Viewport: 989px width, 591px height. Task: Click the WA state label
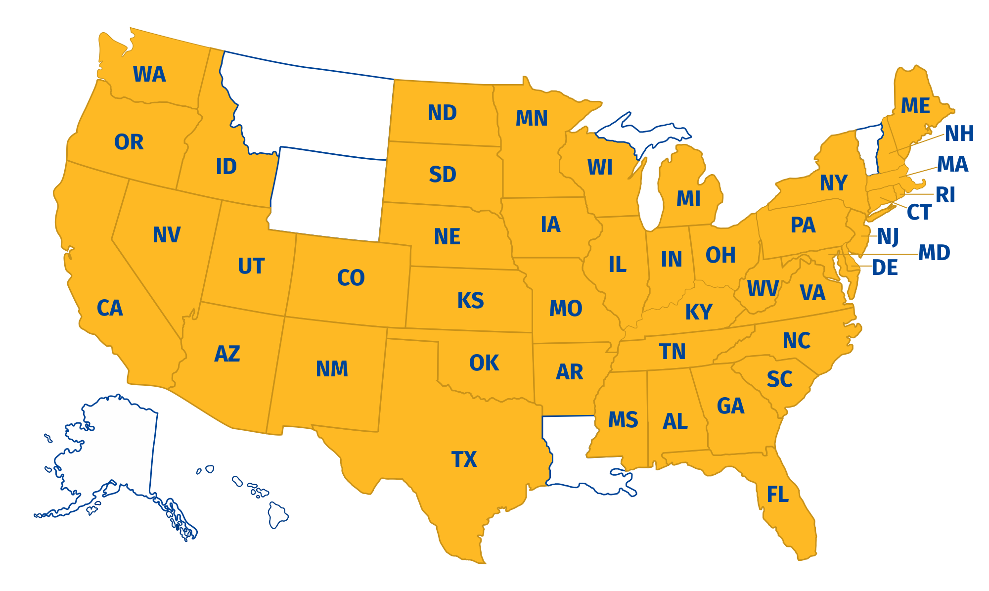(149, 75)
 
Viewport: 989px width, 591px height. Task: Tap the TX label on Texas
(464, 459)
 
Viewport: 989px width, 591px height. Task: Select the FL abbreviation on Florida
(777, 495)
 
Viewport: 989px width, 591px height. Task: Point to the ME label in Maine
(915, 106)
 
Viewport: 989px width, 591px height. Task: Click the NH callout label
(959, 134)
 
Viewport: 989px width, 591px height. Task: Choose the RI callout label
(945, 195)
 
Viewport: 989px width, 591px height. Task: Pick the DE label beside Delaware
(885, 268)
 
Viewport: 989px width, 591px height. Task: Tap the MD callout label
(934, 253)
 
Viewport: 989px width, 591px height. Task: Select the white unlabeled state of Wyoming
(326, 193)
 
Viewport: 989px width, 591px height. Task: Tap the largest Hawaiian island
(278, 514)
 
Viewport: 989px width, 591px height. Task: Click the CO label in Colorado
(351, 278)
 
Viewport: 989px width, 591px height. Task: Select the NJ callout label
(888, 236)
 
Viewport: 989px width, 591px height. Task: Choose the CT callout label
(919, 213)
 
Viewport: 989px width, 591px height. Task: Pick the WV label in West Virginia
(763, 289)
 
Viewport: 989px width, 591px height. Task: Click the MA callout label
(952, 164)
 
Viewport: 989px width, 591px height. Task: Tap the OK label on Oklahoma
(484, 363)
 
